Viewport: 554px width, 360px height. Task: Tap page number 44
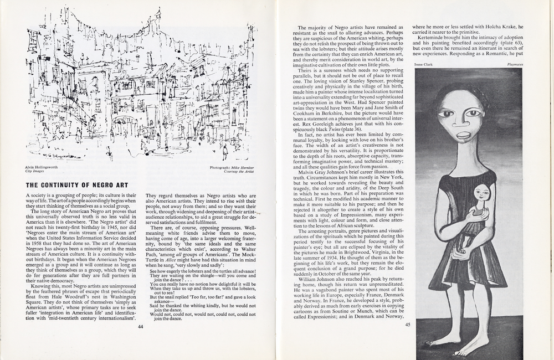click(140, 342)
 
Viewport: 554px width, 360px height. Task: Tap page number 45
click(408, 325)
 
